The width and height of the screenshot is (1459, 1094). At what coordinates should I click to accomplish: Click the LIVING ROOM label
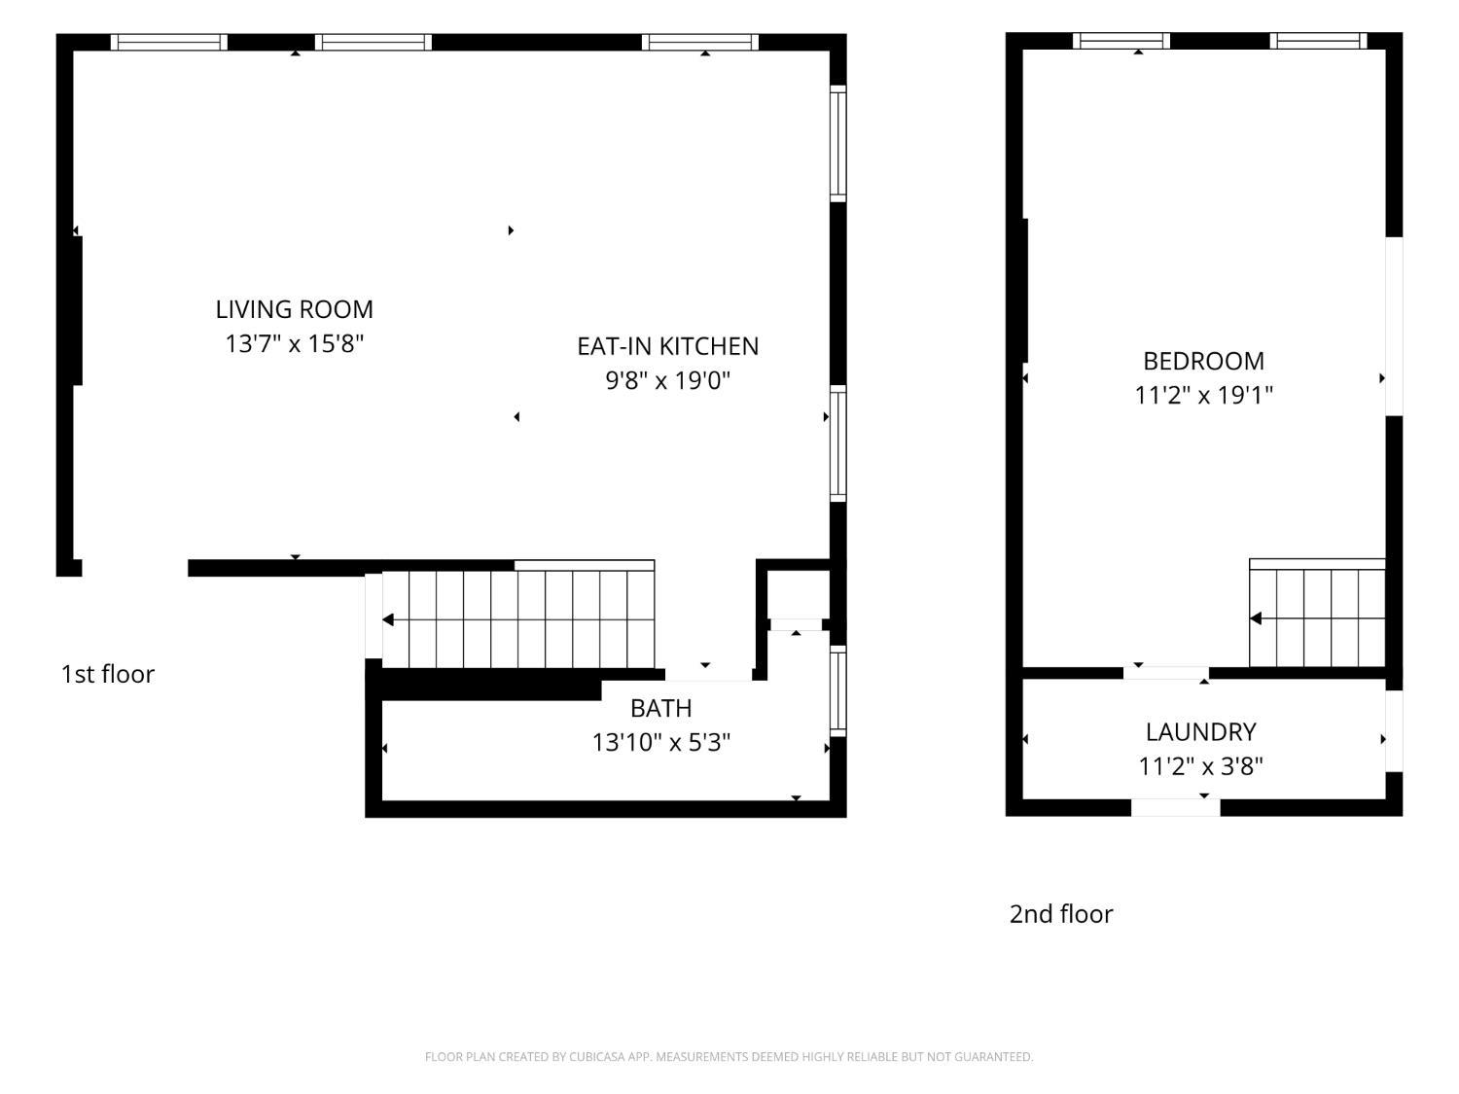point(294,309)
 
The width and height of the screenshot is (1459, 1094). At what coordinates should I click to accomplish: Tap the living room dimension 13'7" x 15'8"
point(294,344)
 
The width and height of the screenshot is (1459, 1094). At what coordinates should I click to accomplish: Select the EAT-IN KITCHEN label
point(667,347)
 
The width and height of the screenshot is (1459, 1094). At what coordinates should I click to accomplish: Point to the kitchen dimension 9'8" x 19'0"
point(667,380)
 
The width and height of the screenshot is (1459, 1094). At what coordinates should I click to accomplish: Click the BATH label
point(660,709)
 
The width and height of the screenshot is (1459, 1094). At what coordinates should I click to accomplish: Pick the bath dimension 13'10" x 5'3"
point(660,743)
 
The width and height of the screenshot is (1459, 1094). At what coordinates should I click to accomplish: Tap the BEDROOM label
point(1203,362)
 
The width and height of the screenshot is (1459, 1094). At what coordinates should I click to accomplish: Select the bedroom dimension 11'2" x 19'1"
point(1203,395)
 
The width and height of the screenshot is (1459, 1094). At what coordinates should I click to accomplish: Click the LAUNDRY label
point(1200,732)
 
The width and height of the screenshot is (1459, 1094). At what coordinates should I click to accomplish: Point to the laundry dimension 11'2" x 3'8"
point(1200,766)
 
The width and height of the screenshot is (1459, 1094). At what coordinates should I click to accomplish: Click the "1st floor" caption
point(108,674)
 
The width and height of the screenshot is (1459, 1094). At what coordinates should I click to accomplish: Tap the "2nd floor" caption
point(1061,914)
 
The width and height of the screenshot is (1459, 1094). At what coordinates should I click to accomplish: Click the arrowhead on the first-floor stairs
point(388,619)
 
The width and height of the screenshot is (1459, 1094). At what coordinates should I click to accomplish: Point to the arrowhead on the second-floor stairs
point(1256,618)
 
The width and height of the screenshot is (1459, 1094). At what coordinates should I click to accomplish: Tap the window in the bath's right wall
point(838,690)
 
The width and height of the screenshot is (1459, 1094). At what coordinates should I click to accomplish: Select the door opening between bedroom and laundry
point(1166,673)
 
